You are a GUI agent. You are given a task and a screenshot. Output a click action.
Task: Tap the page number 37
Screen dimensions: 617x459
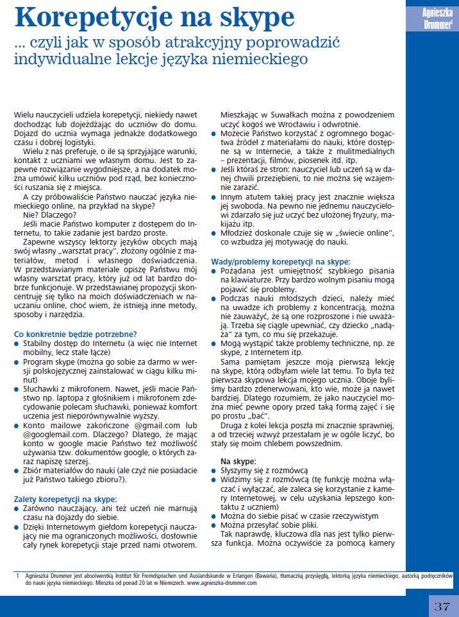point(442,606)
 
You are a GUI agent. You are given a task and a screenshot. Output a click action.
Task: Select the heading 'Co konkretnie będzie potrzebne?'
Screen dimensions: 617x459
point(75,334)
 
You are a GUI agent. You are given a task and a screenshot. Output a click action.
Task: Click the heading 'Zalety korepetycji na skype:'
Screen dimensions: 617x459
point(65,498)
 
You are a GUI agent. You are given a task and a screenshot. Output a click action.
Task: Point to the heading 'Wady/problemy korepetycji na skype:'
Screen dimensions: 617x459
point(281,262)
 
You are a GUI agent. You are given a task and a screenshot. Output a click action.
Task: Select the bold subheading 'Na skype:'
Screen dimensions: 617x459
point(238,461)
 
